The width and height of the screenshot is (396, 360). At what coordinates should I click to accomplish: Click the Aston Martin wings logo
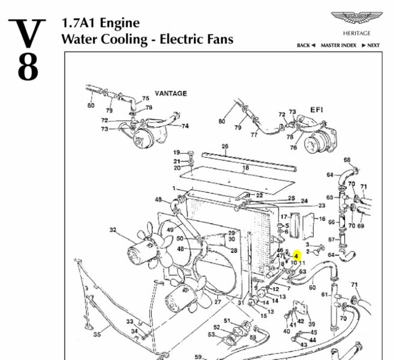pos(356,20)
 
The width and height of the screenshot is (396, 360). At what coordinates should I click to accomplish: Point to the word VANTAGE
pos(171,94)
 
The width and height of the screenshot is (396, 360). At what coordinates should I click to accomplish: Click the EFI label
pos(317,110)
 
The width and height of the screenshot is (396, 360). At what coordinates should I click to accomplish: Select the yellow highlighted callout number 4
pos(296,256)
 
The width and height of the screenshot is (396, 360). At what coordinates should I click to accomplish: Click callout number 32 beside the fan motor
pos(113,230)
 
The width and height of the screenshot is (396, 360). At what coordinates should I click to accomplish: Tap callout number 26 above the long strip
pos(225,146)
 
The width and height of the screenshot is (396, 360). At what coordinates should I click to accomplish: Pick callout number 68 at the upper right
pos(347,160)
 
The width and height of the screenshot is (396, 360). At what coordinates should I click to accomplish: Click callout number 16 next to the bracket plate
pos(322,220)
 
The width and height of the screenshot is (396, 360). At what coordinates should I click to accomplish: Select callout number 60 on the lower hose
pos(312,287)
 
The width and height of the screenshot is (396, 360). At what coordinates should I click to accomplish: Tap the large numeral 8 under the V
pos(28,68)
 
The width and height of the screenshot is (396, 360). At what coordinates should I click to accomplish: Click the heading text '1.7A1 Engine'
pos(100,23)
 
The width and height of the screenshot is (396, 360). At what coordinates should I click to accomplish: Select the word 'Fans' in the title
pos(217,40)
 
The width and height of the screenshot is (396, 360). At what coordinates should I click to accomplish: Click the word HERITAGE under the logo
pos(356,34)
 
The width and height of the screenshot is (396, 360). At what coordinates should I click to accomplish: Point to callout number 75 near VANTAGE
pos(145,99)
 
